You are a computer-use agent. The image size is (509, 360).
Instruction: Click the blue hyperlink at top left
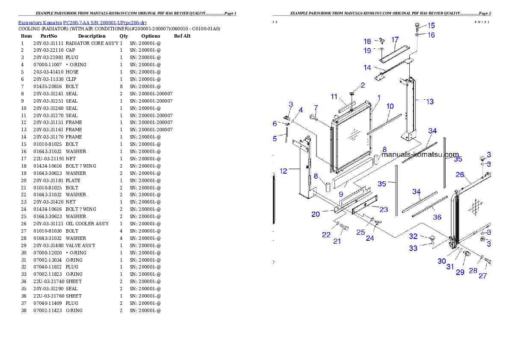pyautogui.click(x=82, y=23)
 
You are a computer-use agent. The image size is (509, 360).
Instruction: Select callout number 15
pyautogui.click(x=431, y=26)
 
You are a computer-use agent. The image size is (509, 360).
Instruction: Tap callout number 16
pyautogui.click(x=431, y=35)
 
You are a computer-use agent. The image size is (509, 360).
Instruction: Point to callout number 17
pyautogui.click(x=395, y=40)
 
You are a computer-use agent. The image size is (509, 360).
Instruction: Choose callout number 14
pyautogui.click(x=367, y=68)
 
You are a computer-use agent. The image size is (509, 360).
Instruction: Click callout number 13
pyautogui.click(x=430, y=101)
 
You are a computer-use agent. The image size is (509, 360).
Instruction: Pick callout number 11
pyautogui.click(x=334, y=97)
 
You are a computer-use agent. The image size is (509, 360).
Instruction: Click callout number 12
pyautogui.click(x=284, y=171)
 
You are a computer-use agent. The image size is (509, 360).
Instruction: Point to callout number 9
pyautogui.click(x=341, y=194)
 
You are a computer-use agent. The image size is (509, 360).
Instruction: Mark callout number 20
pyautogui.click(x=316, y=214)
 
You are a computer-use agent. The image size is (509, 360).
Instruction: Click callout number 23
pyautogui.click(x=384, y=210)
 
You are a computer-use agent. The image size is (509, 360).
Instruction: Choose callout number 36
pyautogui.click(x=437, y=217)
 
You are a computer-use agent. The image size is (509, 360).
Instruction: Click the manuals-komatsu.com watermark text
pyautogui.click(x=420, y=154)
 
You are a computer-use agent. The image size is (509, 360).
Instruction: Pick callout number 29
pyautogui.click(x=460, y=272)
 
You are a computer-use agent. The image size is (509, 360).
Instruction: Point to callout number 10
pyautogui.click(x=390, y=106)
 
